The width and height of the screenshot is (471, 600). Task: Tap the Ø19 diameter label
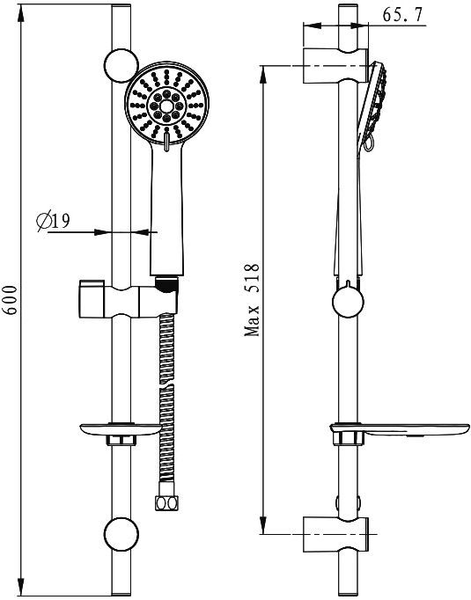55,222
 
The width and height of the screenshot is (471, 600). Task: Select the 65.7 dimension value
405,15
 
